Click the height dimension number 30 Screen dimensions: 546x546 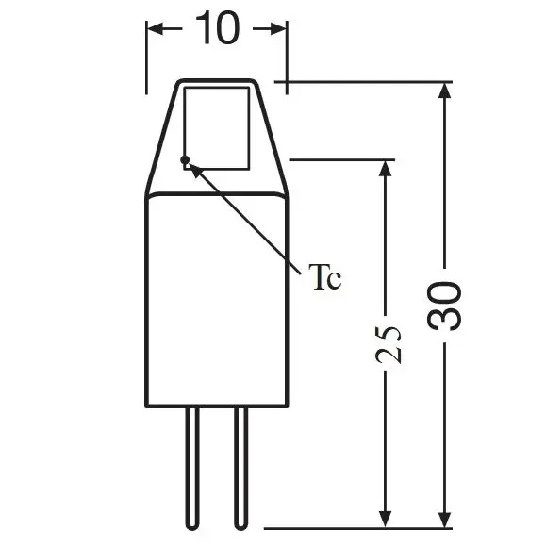coord(446,305)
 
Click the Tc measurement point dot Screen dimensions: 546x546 coord(186,158)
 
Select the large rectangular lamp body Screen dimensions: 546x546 coord(216,302)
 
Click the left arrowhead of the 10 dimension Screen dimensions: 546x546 coord(157,30)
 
